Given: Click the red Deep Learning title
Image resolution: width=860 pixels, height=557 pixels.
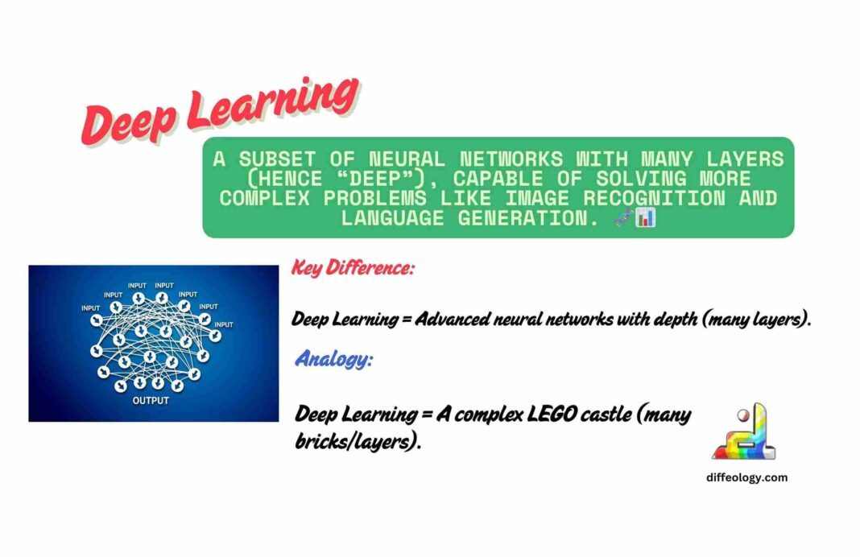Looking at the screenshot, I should coord(219,112).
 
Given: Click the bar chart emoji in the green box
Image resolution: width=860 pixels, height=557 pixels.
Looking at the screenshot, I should coord(645,217).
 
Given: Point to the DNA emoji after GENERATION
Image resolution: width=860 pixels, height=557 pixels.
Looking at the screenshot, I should coord(623,217).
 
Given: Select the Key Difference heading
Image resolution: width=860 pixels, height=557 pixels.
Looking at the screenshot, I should coord(353,269).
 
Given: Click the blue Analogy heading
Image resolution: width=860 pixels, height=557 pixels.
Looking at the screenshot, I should coord(333,359).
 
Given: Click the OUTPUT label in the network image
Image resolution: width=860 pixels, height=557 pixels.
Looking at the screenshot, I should coord(151,400).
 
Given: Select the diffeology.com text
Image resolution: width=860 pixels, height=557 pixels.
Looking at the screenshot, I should coord(746,477).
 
